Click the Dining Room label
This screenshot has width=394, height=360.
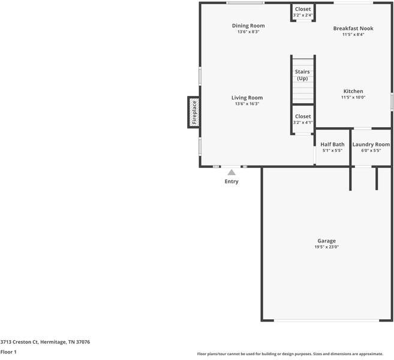pos(248,26)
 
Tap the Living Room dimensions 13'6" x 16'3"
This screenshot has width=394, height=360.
pos(247,104)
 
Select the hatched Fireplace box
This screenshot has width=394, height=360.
pos(194,112)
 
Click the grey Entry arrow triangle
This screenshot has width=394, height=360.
pos(231,172)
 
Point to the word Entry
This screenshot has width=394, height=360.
pos(231,181)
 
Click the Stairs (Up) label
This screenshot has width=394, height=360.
pos(302,75)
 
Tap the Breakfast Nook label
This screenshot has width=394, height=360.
pos(353,28)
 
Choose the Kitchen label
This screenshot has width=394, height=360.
pos(353,91)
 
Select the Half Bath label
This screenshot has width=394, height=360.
pos(332,145)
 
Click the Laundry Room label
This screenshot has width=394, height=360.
pos(371,145)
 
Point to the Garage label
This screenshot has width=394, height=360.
pos(326,241)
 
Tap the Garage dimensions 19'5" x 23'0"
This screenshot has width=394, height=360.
pos(326,247)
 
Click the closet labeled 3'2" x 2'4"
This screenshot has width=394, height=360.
pos(303,12)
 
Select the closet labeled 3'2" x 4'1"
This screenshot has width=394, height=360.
pos(303,119)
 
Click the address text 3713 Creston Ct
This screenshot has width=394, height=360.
pos(19,342)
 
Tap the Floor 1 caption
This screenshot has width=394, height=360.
pos(8,352)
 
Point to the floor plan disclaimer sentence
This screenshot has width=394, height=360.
pos(290,354)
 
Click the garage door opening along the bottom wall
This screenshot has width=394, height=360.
pos(326,320)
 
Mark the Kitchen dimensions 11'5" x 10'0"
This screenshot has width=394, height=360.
pos(353,97)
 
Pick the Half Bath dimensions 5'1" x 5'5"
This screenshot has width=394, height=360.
pos(332,151)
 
